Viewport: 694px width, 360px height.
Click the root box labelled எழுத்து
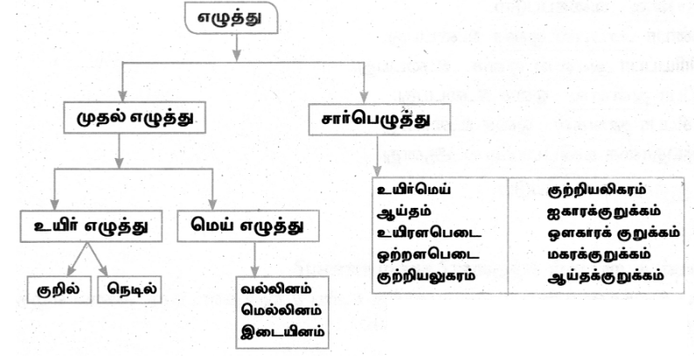(231, 17)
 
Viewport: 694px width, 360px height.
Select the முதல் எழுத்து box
(135, 118)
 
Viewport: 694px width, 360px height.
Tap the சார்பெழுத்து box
(379, 120)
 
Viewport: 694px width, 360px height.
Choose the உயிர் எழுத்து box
(91, 226)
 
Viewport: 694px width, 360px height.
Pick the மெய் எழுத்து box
(248, 226)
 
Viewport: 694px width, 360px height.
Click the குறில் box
(59, 290)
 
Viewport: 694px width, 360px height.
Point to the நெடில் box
(129, 290)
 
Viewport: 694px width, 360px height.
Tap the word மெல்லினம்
(282, 310)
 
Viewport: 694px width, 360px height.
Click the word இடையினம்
(282, 332)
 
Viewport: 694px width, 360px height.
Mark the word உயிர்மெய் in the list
(413, 190)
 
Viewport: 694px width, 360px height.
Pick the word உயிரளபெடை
(429, 233)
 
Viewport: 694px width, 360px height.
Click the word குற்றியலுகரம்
(426, 276)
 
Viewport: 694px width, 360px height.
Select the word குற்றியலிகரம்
(597, 190)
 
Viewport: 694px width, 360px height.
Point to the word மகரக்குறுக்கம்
(600, 255)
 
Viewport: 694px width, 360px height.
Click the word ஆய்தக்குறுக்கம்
(606, 276)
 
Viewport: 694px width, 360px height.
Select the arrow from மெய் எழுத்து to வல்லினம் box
(254, 260)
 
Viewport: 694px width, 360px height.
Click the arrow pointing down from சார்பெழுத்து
(377, 156)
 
